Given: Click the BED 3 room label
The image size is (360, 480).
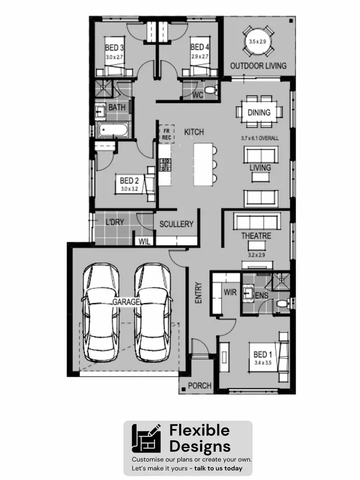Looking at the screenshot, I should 115,48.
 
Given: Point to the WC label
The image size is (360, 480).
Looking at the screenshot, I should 198,96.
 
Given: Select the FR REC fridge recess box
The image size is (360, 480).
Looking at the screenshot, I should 167,134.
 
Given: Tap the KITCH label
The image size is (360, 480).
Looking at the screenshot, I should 194,132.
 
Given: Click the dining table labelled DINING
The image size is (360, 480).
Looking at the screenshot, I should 259,113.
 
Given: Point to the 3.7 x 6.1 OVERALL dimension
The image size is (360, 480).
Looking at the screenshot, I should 260,138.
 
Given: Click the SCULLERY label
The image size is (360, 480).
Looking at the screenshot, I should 176,224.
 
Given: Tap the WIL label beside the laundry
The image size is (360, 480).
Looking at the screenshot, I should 144,242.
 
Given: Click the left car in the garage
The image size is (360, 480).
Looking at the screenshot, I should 101,312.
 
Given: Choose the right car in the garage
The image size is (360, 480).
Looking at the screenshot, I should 152,312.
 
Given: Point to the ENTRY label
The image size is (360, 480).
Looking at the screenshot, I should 199,292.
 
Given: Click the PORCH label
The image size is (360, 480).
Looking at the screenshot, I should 199,385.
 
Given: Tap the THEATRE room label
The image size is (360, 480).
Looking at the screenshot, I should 256,236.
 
